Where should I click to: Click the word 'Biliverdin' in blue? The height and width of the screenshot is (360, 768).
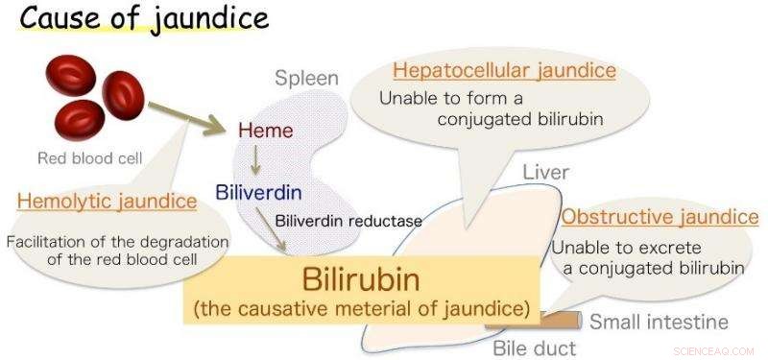[x=257, y=191]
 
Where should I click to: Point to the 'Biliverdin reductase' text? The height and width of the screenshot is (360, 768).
[x=348, y=221]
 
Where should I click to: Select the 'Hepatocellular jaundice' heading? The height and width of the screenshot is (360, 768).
[x=504, y=71]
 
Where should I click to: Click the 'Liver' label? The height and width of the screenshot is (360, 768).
[x=546, y=173]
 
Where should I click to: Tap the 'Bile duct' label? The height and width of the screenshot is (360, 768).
[x=533, y=348]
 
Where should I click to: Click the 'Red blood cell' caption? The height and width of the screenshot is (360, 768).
[x=89, y=158]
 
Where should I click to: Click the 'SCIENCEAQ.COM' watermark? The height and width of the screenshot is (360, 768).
[x=715, y=351]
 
